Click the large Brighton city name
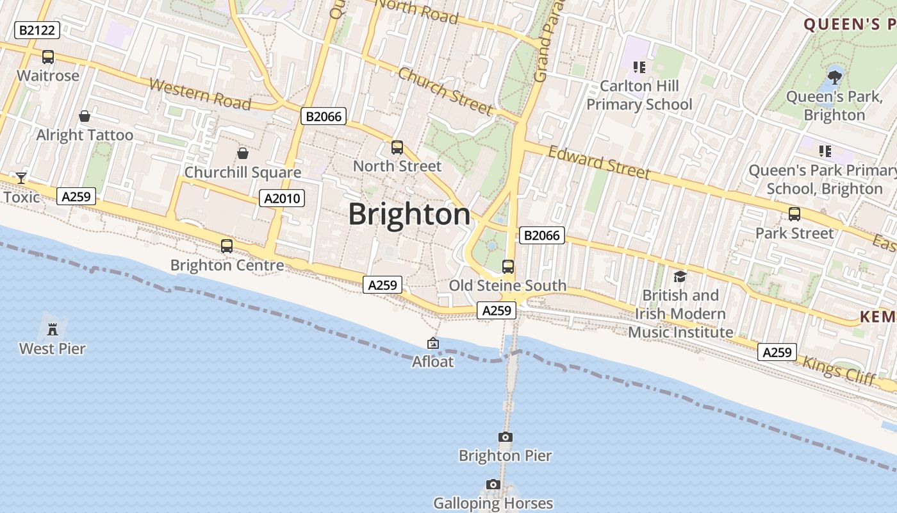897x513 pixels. point(409,214)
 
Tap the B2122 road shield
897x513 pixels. point(37,29)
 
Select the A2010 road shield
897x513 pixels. point(283,198)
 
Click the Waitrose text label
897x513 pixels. point(48,76)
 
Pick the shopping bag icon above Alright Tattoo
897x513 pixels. point(84,116)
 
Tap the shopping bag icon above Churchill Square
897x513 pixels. point(243,153)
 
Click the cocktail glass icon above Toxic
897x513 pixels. point(21,178)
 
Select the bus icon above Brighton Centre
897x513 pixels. point(227,246)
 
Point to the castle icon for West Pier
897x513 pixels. point(52,330)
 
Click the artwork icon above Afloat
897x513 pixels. point(433,343)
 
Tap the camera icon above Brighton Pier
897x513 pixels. point(506,437)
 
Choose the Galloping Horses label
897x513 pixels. point(493,503)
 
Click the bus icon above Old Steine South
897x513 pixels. point(508,266)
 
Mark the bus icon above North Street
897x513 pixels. point(397,147)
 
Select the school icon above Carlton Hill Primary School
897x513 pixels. point(639,67)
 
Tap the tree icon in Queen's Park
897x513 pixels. point(834,78)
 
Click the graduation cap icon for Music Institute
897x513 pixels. point(680,276)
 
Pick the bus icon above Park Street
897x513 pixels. point(794,214)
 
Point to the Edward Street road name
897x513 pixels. point(599,162)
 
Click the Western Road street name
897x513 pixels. point(200,94)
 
